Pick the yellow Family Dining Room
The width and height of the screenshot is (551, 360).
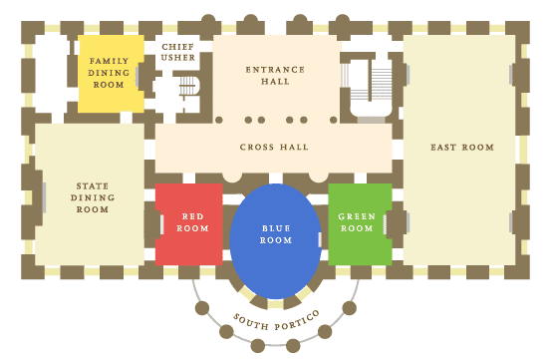pos(111,73)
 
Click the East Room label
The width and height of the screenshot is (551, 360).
pos(461,148)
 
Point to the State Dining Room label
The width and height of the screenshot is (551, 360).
pos(93,197)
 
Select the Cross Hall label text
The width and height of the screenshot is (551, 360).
pos(274,148)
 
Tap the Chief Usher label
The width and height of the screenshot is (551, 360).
pos(178,52)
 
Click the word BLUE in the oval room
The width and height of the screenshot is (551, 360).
pos(276,227)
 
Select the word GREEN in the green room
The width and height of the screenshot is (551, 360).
pos(356,216)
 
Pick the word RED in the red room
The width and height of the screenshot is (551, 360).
pos(192,215)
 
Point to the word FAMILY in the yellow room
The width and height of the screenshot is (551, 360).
pos(110,61)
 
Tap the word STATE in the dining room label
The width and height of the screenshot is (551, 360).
pos(93,185)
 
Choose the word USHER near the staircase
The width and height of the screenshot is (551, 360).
pos(178,58)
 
